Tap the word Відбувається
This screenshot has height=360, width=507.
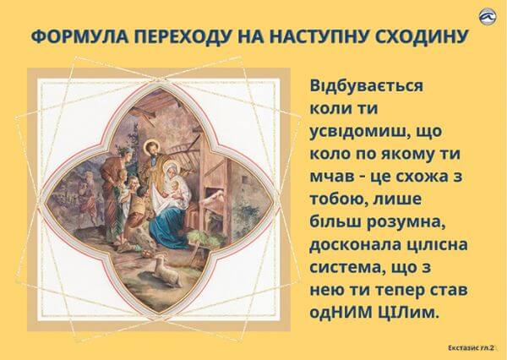[367, 86]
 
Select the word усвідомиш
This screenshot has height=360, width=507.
[357, 132]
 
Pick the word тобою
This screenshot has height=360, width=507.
[339, 200]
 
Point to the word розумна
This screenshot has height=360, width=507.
[408, 223]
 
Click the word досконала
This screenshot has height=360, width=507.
[354, 245]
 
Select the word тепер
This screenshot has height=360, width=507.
[400, 291]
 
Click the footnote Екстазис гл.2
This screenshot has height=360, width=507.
[472, 348]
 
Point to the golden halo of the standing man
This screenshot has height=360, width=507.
[152, 146]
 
